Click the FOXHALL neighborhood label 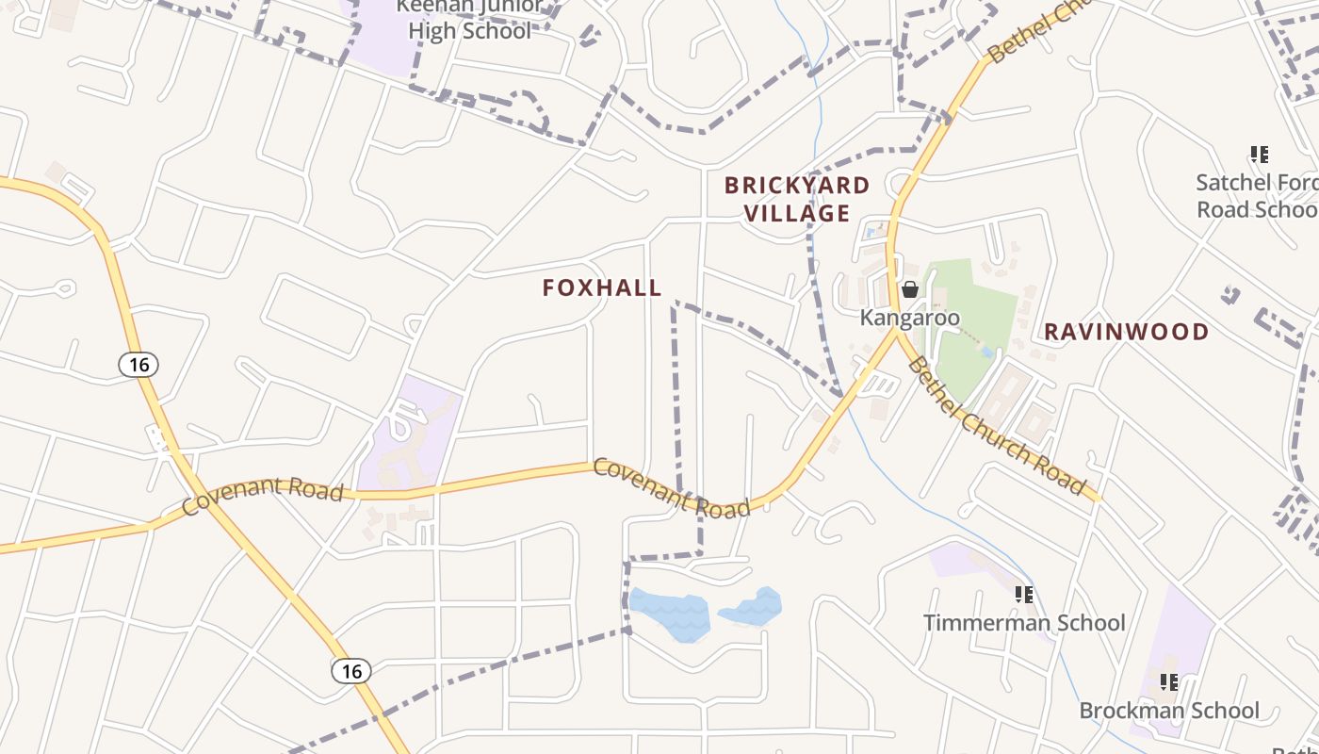[x=602, y=288]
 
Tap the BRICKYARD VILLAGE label [x=797, y=200]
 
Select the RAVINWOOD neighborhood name [x=1126, y=332]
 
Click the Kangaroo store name [x=909, y=318]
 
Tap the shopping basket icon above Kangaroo [x=910, y=289]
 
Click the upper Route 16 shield [x=138, y=365]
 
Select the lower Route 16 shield [x=350, y=671]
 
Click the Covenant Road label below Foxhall [x=671, y=487]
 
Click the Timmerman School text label [x=1023, y=623]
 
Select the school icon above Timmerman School [x=1024, y=595]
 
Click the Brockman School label [x=1168, y=711]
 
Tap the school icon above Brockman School [x=1169, y=681]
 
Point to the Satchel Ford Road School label [x=1257, y=196]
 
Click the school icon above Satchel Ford [x=1259, y=155]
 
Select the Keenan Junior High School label [x=469, y=19]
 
